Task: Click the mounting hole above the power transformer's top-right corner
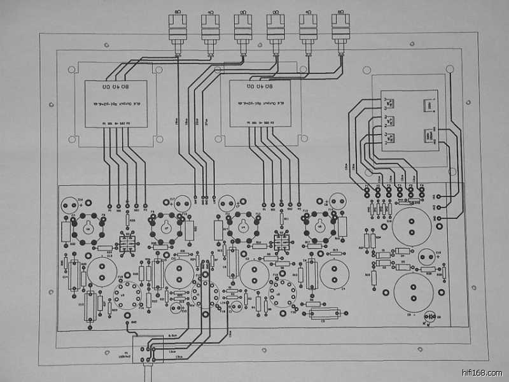coord(450,69)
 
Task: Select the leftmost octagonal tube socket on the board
coord(87,226)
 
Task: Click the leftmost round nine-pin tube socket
coord(127,294)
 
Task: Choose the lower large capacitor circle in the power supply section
coord(414,292)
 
